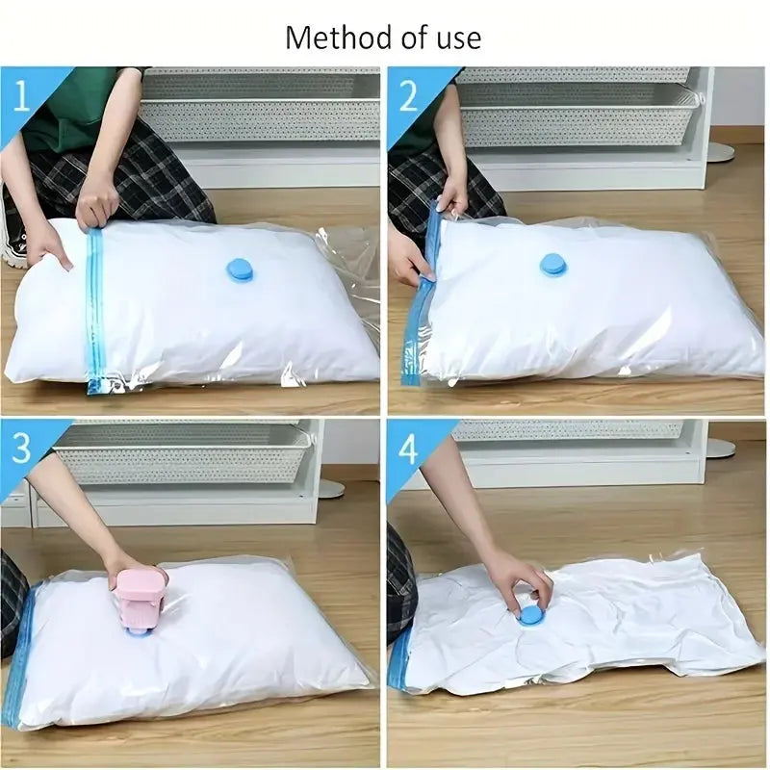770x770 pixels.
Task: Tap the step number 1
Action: point(21,97)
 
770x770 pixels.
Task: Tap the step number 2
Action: point(408,96)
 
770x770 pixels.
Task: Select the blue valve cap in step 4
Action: point(529,616)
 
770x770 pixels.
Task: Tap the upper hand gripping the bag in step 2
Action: point(454,196)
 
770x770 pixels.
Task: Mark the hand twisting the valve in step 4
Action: point(526,584)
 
